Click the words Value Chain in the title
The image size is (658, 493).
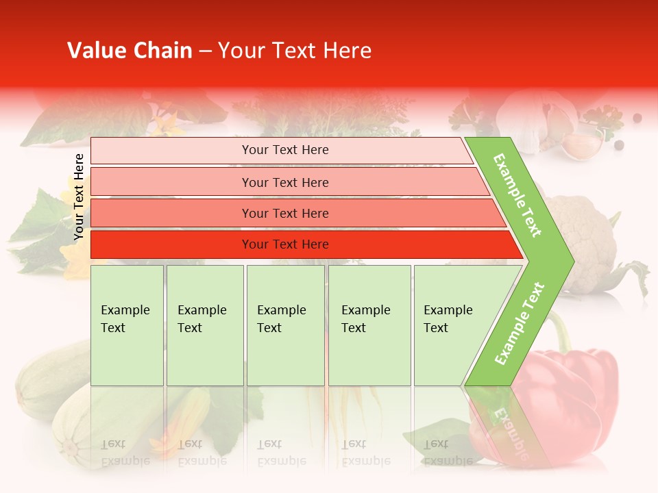[130, 51]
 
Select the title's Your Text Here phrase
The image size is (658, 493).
[295, 51]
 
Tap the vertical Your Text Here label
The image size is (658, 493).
[79, 197]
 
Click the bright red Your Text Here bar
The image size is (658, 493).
[285, 244]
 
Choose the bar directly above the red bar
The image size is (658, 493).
[285, 214]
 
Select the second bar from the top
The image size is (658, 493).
[285, 182]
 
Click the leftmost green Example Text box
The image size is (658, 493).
[127, 325]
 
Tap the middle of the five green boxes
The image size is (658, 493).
[285, 325]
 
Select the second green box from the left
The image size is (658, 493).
[205, 325]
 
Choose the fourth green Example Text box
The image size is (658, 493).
[369, 325]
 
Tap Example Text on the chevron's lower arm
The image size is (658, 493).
[519, 324]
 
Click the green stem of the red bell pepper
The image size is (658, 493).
[562, 332]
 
